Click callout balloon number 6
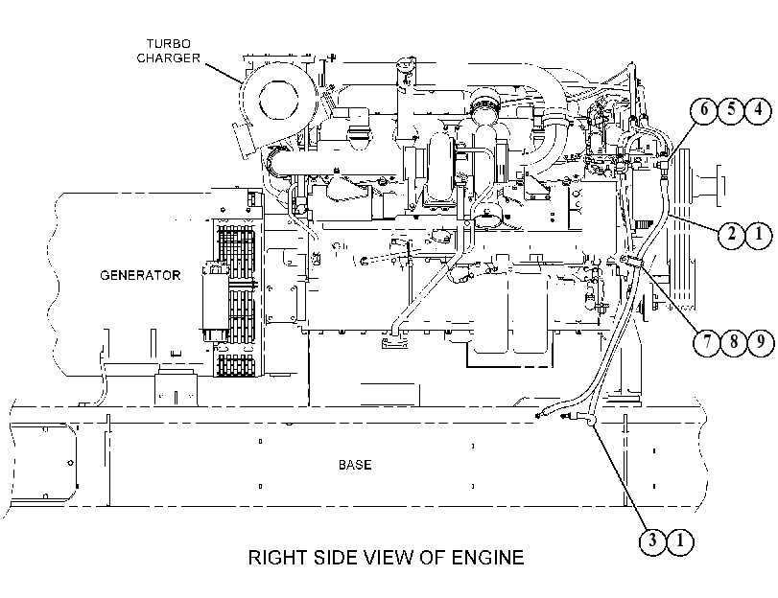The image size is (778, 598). (704, 109)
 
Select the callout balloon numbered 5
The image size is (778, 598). (731, 109)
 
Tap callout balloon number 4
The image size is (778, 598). (758, 109)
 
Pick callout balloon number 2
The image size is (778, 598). (731, 234)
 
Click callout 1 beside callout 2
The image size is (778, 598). (758, 234)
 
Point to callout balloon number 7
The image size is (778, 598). (707, 341)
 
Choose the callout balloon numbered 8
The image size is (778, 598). (733, 341)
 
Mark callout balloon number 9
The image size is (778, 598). (760, 341)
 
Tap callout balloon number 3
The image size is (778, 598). (652, 540)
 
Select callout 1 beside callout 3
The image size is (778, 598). (680, 540)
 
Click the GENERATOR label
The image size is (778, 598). (140, 275)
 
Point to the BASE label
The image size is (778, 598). (355, 465)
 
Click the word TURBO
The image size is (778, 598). (168, 44)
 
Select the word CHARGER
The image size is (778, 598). (168, 58)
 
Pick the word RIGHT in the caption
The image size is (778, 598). (278, 558)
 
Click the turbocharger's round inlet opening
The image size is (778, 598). (278, 99)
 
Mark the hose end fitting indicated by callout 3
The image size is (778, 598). (590, 421)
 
